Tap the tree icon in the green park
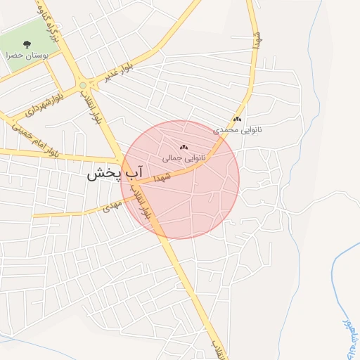click(x=27, y=44)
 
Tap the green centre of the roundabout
click(x=84, y=85)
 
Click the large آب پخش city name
click(x=115, y=174)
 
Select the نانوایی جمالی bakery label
click(x=184, y=158)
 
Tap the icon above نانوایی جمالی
click(x=184, y=148)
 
